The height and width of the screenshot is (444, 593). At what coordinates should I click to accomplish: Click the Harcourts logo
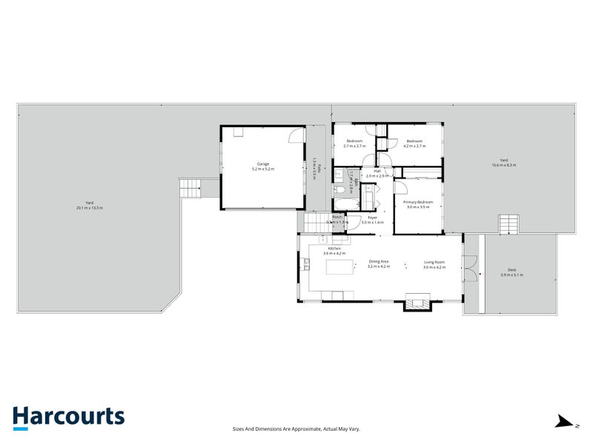tap(68, 417)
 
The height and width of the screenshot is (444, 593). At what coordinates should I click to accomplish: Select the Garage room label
tap(263, 164)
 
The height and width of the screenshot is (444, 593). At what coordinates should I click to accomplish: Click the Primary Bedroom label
tap(418, 202)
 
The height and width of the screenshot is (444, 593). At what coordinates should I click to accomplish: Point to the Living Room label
tap(434, 262)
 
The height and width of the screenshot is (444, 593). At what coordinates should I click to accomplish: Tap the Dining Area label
tap(379, 262)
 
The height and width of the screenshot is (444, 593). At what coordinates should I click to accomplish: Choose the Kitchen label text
tap(334, 249)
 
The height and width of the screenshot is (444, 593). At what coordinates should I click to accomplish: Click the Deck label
tap(511, 269)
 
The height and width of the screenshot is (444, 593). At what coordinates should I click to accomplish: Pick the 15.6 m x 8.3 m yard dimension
tap(503, 165)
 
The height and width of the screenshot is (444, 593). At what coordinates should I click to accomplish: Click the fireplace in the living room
tap(416, 302)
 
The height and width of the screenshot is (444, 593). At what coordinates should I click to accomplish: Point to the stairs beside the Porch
tap(314, 223)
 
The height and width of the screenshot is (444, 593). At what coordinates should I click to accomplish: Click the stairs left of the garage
tap(191, 189)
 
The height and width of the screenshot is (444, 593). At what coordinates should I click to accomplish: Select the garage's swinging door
tap(296, 136)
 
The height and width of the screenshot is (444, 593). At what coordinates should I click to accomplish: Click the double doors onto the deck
tap(468, 269)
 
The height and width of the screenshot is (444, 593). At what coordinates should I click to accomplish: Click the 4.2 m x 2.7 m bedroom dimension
tap(414, 145)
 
